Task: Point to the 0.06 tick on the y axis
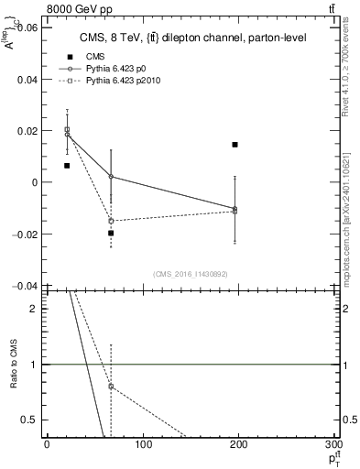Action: click(27, 27)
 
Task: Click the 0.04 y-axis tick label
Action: click(27, 80)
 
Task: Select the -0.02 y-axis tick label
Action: click(25, 234)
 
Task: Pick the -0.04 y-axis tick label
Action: click(25, 286)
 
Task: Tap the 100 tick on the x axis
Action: click(143, 445)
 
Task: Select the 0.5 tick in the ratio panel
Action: click(31, 420)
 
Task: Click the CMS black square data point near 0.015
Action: click(235, 145)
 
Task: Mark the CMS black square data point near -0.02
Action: click(111, 234)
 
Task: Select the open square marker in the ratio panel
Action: click(111, 387)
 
